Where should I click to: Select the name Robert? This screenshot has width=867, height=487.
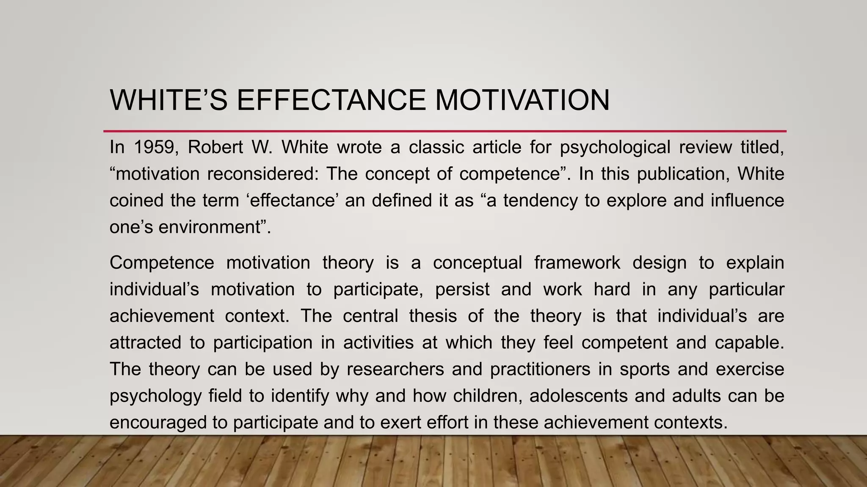pyautogui.click(x=215, y=147)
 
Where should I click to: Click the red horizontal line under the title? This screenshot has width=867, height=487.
pyautogui.click(x=445, y=131)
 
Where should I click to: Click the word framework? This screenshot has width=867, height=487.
pyautogui.click(x=577, y=263)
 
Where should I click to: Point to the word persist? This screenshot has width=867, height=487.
pyautogui.click(x=462, y=290)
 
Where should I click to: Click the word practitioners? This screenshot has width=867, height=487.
pyautogui.click(x=540, y=369)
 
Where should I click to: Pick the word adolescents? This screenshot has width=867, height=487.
pyautogui.click(x=578, y=396)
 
